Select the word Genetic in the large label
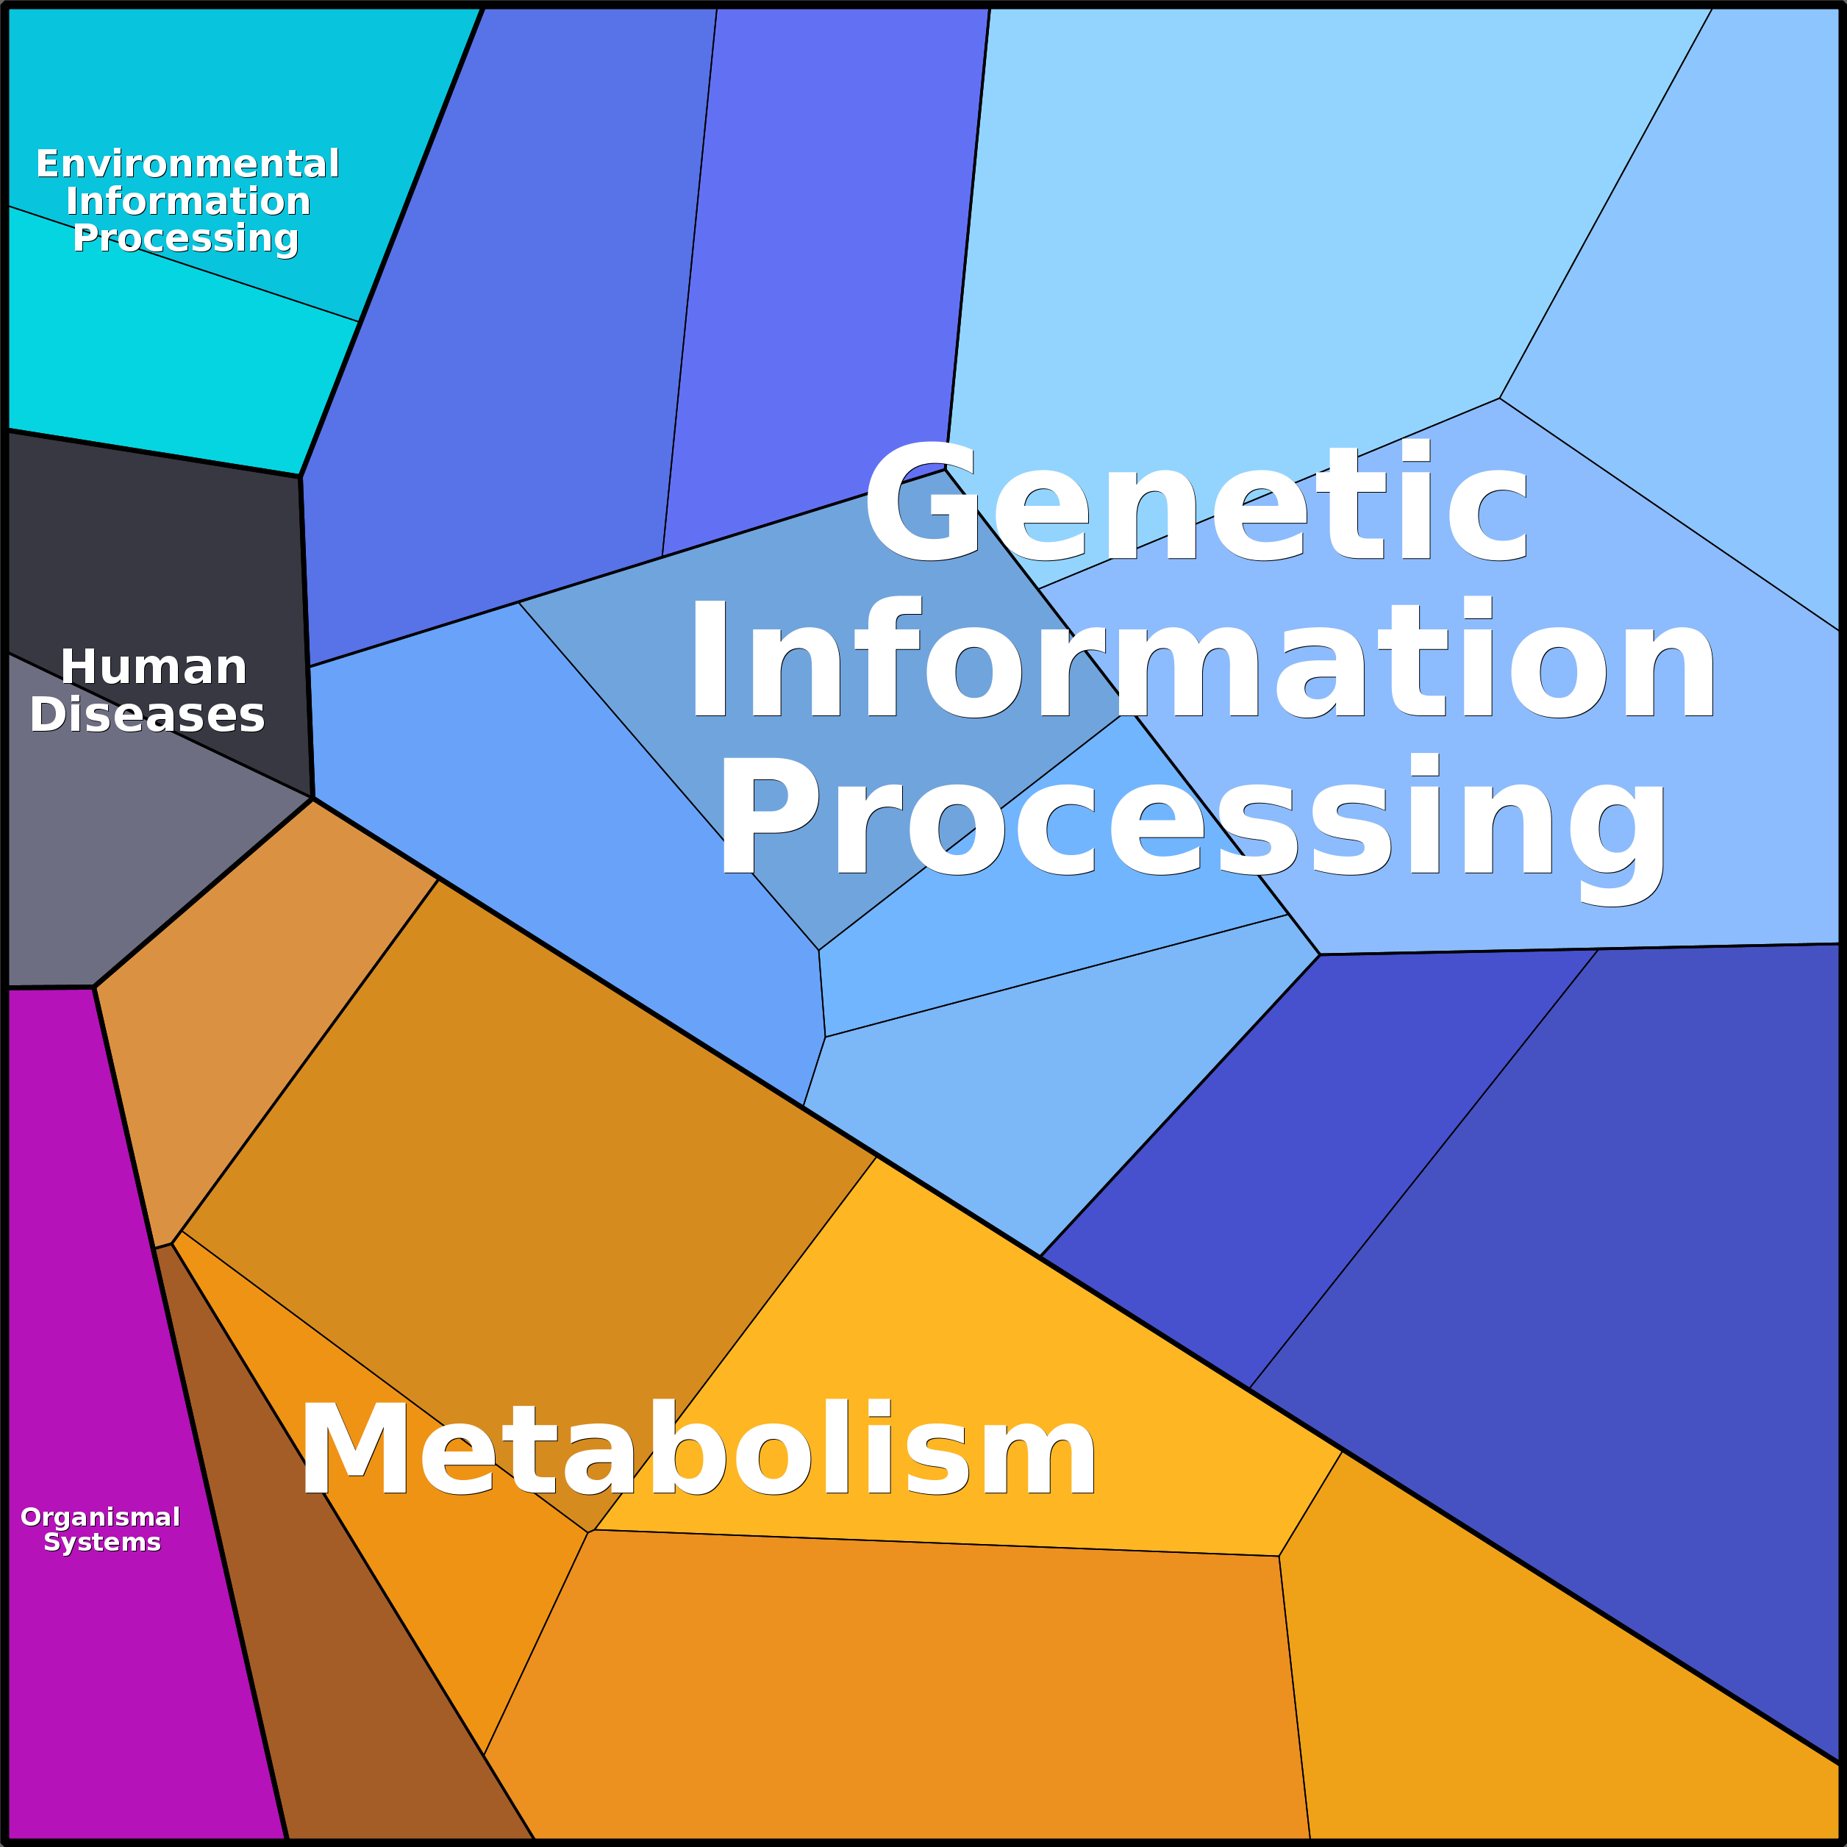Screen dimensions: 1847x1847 tap(1195, 504)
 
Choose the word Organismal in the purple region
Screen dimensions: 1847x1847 tap(101, 1517)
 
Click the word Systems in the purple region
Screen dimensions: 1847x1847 tap(102, 1542)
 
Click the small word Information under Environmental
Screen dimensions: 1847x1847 tap(188, 201)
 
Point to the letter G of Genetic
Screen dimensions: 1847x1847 tap(921, 504)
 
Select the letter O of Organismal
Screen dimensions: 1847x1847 tap(32, 1517)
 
